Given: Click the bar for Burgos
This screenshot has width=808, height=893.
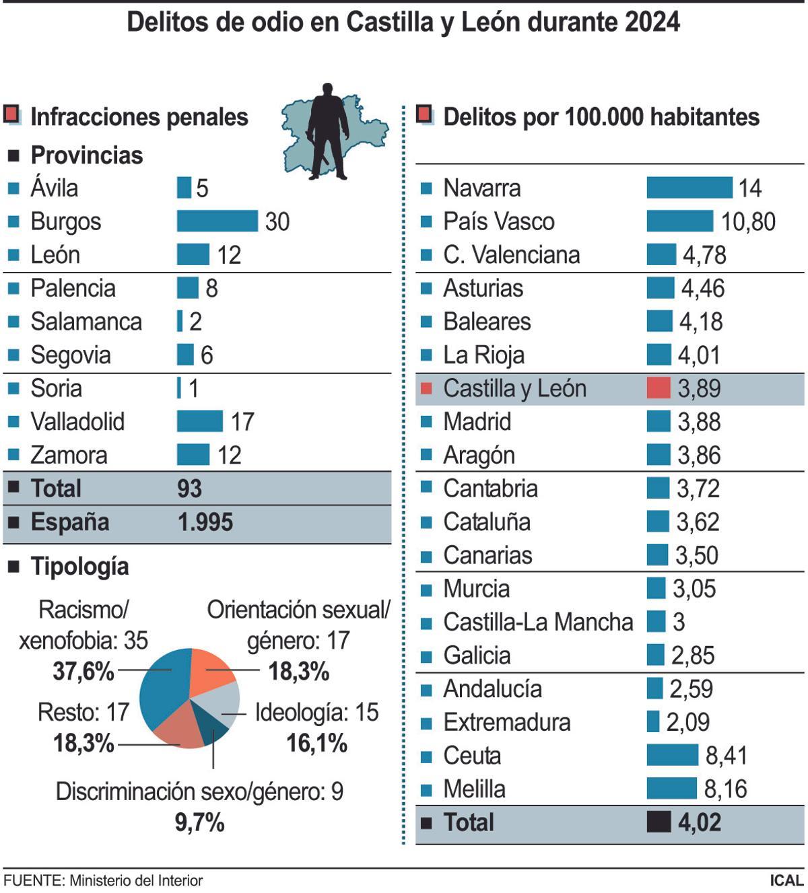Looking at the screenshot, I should coord(217,221).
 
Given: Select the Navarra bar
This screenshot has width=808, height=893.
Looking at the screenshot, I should coord(689,187).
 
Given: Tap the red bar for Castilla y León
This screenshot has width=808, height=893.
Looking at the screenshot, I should coord(658,388).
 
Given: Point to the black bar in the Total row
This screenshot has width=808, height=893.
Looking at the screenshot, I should coord(658,822).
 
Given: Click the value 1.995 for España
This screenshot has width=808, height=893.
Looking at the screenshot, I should coord(205,522).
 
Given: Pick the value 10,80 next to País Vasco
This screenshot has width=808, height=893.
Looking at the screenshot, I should coord(748,221).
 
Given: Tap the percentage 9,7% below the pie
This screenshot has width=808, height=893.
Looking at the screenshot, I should coord(199,822).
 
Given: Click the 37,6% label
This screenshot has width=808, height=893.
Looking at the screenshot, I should coord(83,671).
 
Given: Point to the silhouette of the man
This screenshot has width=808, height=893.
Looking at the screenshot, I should coord(328,131).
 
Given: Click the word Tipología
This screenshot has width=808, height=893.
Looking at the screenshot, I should coord(79,567).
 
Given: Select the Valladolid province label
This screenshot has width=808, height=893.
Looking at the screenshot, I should coord(77,422).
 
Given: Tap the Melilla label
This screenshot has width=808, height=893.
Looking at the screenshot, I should coord(474,789).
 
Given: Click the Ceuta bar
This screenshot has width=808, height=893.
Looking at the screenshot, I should coord(672,755).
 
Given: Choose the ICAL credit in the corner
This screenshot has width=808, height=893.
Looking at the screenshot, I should coord(786,880).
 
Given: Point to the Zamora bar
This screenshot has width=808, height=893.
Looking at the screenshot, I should coord(193,455).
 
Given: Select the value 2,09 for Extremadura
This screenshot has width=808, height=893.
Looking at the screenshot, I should coord(687,722).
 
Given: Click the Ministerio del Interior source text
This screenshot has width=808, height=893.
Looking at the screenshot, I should coord(135,880).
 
